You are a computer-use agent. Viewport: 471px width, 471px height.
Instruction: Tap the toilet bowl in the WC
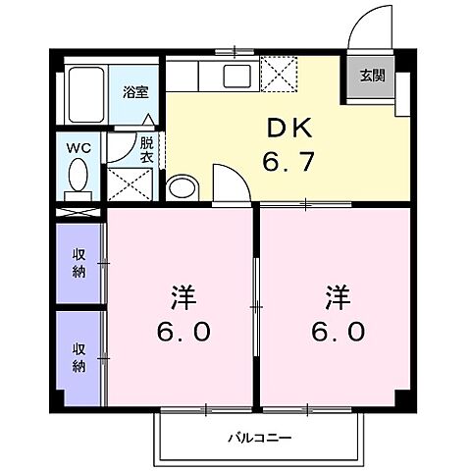pyautogui.click(x=78, y=179)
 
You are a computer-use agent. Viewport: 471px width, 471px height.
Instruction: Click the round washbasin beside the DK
pyautogui.click(x=180, y=185)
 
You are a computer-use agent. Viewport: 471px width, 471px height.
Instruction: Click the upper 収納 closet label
pyautogui.click(x=78, y=262)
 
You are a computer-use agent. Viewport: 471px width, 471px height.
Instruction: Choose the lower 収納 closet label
pyautogui.click(x=78, y=356)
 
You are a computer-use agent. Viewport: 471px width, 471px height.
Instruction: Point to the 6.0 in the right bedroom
pyautogui.click(x=339, y=332)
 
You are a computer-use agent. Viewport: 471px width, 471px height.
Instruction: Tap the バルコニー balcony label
pyautogui.click(x=260, y=438)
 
